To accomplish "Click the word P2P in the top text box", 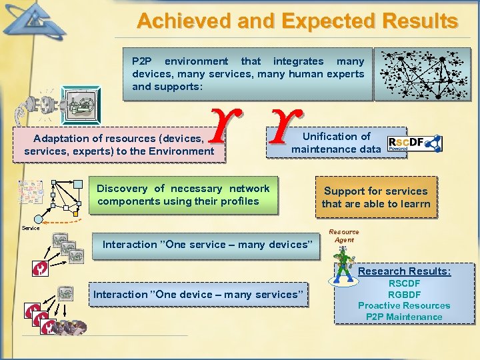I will point(142,61).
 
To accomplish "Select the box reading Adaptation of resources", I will point(119,145).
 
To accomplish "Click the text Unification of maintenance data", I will point(336,143).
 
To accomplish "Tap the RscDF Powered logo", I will point(414,143).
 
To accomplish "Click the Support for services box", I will point(376,197).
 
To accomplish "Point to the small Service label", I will point(31,228).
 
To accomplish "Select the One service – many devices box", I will point(207,245).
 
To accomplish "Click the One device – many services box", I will point(199,295).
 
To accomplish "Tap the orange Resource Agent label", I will point(344,236).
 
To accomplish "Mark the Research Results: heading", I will point(404,271).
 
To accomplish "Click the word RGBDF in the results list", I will point(404,294).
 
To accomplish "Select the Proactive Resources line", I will point(404,305).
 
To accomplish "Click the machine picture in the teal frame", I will point(81,105).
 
